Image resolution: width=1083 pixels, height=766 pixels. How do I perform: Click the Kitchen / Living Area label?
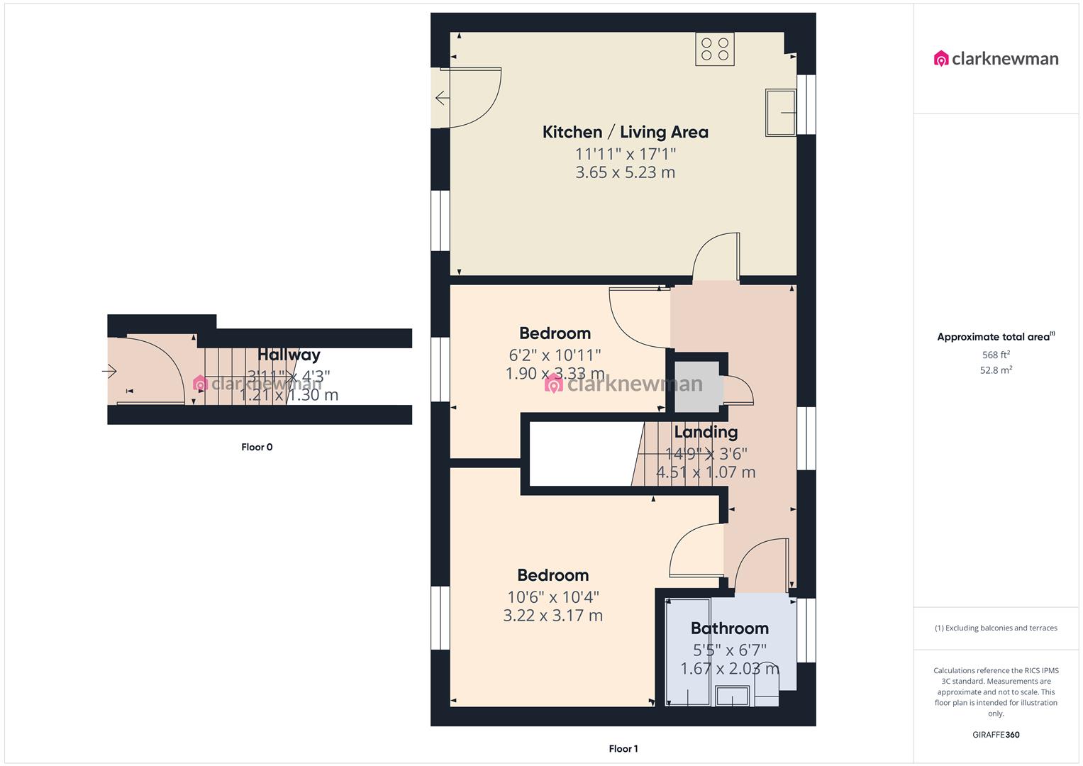(x=625, y=132)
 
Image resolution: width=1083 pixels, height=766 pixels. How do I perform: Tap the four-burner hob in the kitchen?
(x=714, y=50)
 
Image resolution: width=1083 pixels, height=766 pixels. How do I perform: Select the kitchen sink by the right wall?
(x=780, y=112)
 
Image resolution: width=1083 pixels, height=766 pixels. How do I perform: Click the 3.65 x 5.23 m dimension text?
(x=625, y=172)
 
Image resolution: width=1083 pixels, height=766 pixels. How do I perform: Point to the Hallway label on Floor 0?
(x=289, y=355)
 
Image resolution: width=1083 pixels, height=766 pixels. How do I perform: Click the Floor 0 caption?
(x=257, y=448)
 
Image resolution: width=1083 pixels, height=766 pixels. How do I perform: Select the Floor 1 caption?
(x=623, y=749)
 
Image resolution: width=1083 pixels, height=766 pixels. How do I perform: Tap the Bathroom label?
(x=729, y=628)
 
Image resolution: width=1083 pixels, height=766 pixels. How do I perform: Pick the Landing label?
(x=706, y=432)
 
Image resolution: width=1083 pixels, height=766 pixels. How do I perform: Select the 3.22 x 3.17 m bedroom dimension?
(x=552, y=616)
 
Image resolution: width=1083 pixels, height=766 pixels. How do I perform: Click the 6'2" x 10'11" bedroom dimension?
(x=554, y=355)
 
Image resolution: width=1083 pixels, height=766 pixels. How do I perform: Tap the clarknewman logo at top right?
(x=996, y=59)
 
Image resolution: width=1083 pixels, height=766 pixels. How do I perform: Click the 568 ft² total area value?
(x=996, y=355)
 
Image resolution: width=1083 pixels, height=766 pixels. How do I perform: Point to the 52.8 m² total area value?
(x=996, y=370)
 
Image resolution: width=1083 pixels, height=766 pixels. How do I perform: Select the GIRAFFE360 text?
(x=996, y=735)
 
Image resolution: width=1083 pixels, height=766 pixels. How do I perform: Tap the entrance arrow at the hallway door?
(x=109, y=370)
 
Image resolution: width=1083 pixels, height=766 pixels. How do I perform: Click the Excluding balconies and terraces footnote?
(x=996, y=628)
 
